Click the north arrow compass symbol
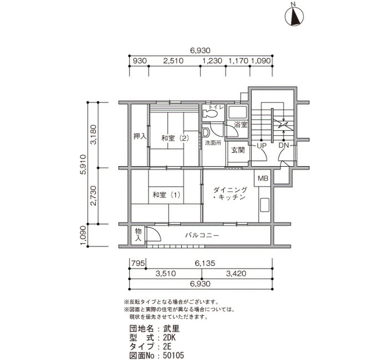294,16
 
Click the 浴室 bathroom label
241,125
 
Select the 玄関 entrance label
238,150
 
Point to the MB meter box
263,178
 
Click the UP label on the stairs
261,146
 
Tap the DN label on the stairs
284,146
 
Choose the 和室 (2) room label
175,138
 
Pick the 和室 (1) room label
166,195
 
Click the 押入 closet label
140,136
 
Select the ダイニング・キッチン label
230,194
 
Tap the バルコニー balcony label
202,235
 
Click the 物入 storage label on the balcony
138,235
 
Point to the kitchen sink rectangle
264,204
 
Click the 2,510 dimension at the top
173,61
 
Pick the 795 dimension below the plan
138,263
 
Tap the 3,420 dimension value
236,274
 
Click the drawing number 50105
173,356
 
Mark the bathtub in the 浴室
237,112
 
